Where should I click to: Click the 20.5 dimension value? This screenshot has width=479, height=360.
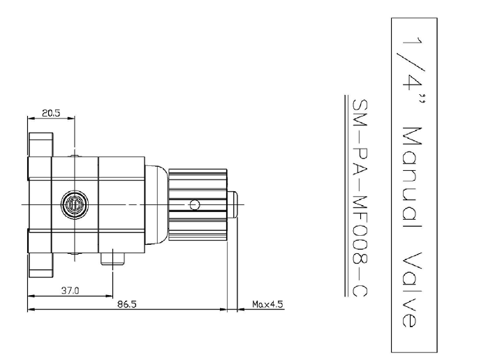point(51,113)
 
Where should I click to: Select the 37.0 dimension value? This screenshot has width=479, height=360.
point(70,290)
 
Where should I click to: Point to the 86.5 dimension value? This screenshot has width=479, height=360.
point(127,304)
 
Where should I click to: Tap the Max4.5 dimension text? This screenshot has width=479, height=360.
point(267,304)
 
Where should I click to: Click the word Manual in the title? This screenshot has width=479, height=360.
point(411,178)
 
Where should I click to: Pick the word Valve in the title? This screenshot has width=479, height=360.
point(411,289)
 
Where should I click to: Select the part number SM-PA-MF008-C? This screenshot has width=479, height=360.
point(360,198)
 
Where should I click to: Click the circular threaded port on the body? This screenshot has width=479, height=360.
point(75,204)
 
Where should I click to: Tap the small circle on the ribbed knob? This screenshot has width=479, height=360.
point(195,204)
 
